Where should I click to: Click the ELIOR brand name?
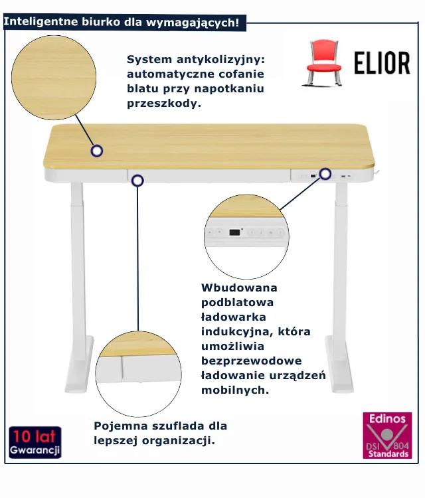point(382,63)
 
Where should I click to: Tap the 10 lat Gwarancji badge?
point(35,442)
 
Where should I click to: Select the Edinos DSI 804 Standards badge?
point(387,436)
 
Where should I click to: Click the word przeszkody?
point(164,104)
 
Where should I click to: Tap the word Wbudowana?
point(239,288)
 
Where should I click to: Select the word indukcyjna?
point(237,331)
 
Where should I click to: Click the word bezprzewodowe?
point(252,361)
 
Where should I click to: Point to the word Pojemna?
point(120,426)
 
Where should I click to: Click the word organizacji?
point(178,441)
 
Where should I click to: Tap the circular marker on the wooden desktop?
point(96,151)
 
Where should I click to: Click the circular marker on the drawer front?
point(137,181)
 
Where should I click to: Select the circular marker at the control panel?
point(325,174)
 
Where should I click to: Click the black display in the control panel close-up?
point(234,232)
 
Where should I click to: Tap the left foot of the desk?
point(80,365)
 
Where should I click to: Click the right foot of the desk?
point(339,365)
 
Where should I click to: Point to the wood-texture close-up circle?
point(54,78)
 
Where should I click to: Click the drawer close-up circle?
point(139,373)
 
